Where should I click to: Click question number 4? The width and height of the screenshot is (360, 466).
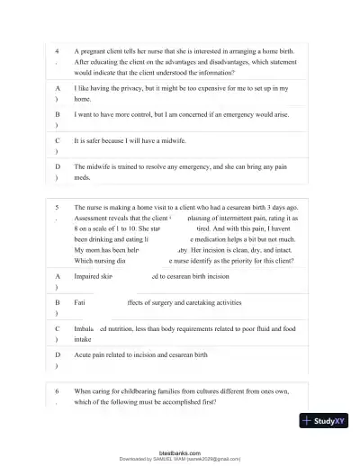coord(57,52)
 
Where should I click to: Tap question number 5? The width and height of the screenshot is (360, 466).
coord(57,206)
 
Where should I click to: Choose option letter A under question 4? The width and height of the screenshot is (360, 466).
coord(58,89)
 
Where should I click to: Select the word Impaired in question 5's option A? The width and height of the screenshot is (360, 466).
coord(89,277)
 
